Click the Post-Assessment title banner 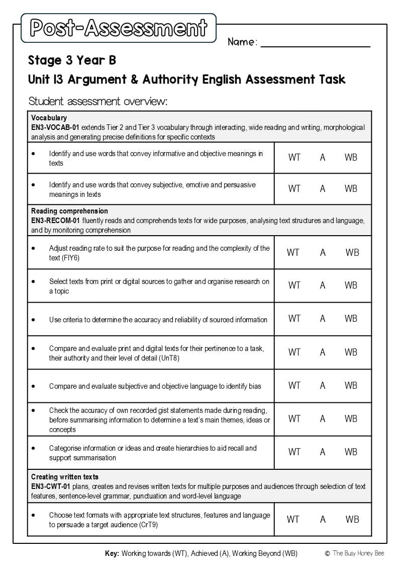[119, 28]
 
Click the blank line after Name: [315, 43]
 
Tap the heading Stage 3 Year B [72, 60]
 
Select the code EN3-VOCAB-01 [55, 127]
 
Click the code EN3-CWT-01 [51, 486]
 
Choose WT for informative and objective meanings [294, 158]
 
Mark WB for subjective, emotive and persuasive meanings [351, 189]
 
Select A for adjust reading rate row [323, 253]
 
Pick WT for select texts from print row [294, 286]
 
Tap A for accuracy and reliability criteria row [323, 319]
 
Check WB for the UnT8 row [351, 352]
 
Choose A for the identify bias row [323, 386]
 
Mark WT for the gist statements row [294, 419]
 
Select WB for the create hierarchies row [351, 452]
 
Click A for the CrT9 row [323, 520]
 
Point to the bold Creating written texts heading [65, 477]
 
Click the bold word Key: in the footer [112, 553]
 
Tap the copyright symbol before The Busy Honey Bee [327, 553]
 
